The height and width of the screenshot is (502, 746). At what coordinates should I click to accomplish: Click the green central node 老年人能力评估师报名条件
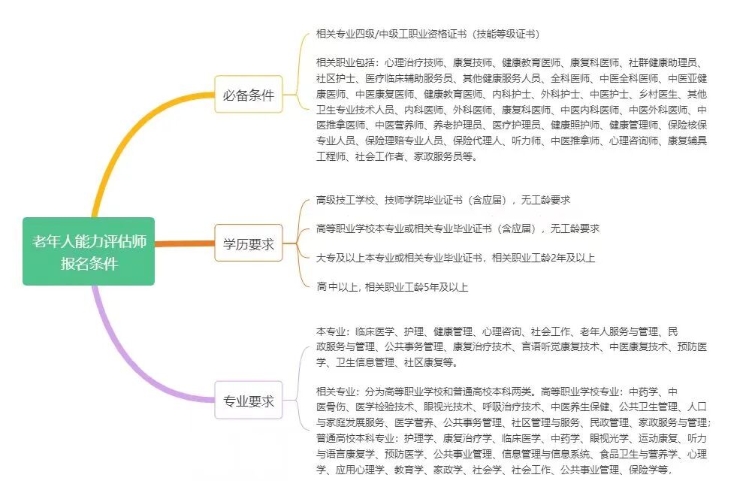(x=89, y=251)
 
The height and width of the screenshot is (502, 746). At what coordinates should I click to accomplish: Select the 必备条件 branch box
(x=249, y=95)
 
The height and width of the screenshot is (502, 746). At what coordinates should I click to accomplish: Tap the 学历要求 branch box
(x=249, y=243)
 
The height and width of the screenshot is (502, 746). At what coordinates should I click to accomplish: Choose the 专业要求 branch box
(x=249, y=401)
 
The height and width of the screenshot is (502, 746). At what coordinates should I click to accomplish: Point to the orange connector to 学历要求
(x=184, y=243)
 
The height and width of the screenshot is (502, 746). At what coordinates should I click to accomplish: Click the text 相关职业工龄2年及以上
(x=544, y=258)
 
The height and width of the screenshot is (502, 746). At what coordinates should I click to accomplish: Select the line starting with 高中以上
(x=392, y=286)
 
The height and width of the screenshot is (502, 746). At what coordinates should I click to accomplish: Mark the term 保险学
(x=649, y=470)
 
